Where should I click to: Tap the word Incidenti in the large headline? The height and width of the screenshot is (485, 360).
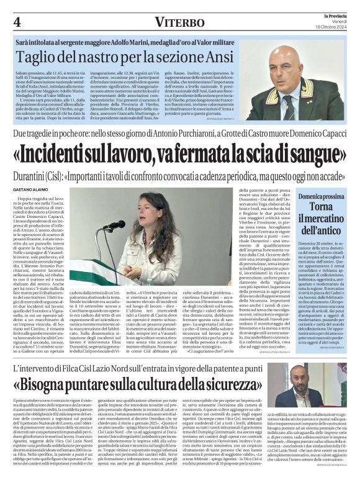tap(65, 152)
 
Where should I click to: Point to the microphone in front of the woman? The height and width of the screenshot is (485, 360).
tap(116, 225)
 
